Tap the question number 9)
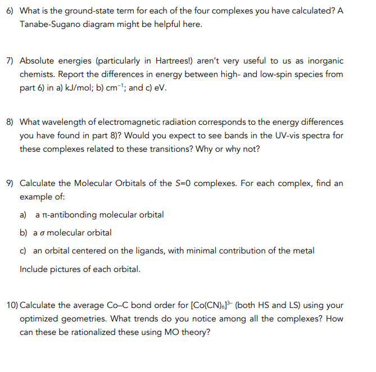pos(11,184)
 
